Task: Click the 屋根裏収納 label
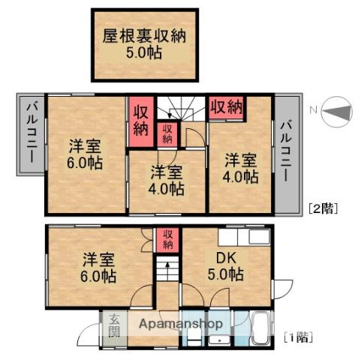[x=145, y=34]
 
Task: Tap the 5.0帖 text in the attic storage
[x=145, y=53]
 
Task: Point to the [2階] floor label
[x=323, y=209]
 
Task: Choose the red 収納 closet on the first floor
[x=167, y=239]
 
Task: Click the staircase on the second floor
[x=179, y=112]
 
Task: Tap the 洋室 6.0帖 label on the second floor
[x=84, y=154]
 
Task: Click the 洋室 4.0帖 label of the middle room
[x=165, y=180]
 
